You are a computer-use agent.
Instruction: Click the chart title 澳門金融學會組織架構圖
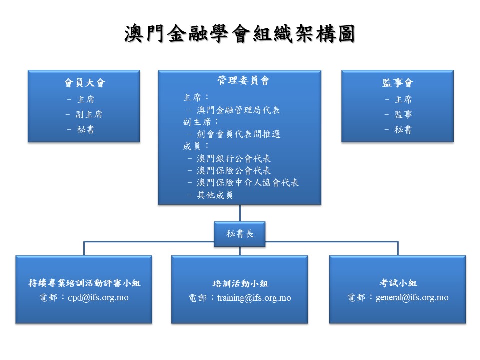(x=239, y=34)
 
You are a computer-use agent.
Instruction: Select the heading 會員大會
(x=84, y=83)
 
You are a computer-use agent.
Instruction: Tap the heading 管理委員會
(x=240, y=80)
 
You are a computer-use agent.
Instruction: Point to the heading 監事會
(x=398, y=83)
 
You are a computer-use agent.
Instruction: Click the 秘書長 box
(x=240, y=234)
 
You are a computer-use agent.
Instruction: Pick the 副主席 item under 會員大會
(x=89, y=114)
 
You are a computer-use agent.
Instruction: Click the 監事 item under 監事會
(x=403, y=114)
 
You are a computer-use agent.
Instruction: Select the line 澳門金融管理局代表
(x=238, y=110)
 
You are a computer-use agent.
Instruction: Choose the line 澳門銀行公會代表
(x=234, y=158)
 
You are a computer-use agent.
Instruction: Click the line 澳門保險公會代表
(x=234, y=170)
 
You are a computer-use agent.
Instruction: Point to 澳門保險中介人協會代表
(x=248, y=182)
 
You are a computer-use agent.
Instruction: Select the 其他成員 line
(x=215, y=195)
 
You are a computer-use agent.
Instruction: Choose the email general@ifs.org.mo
(x=412, y=297)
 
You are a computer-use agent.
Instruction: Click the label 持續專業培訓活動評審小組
(x=84, y=283)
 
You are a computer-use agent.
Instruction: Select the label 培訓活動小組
(x=240, y=284)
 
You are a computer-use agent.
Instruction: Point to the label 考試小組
(x=398, y=283)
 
